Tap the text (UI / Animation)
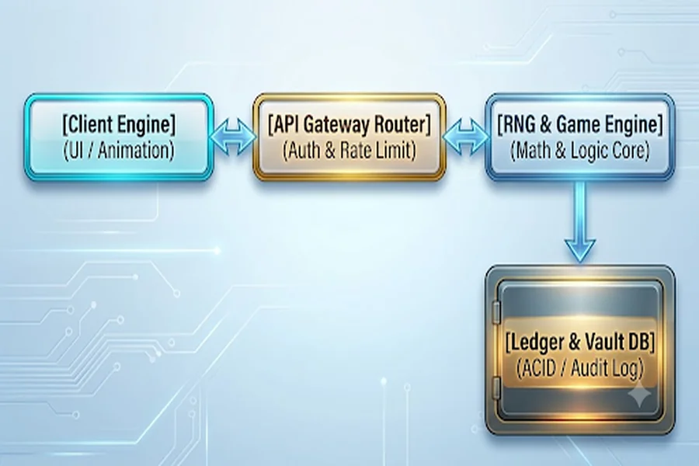click(119, 151)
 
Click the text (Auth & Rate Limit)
click(349, 151)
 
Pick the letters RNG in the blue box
click(518, 124)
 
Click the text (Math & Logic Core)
click(580, 151)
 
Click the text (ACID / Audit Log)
click(580, 369)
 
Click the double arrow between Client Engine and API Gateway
click(233, 137)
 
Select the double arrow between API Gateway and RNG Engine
click(465, 137)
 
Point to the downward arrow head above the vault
click(579, 251)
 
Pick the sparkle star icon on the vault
click(640, 395)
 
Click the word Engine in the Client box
click(150, 124)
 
